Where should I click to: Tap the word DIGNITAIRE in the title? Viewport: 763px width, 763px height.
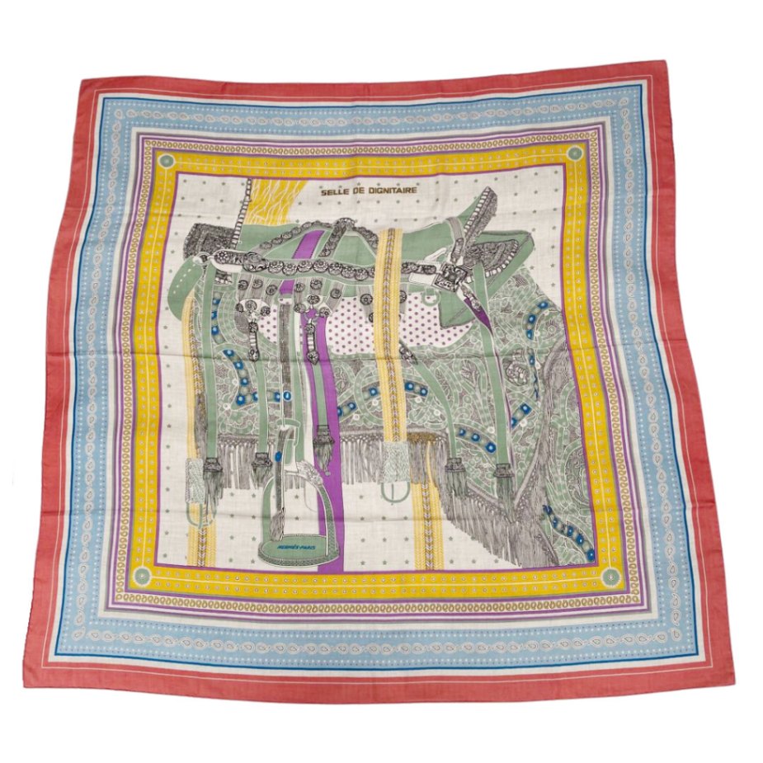tap(391, 191)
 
